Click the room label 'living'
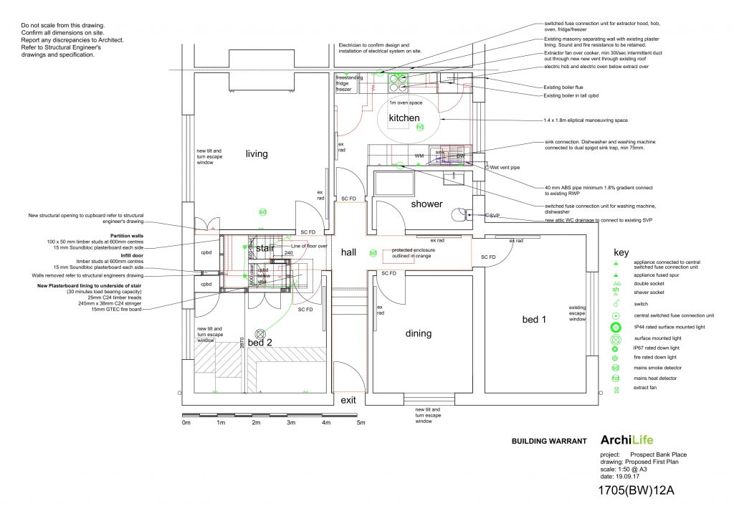(257, 153)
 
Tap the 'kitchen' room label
(404, 118)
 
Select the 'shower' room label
(426, 204)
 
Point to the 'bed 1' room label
(533, 319)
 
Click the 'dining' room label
(418, 333)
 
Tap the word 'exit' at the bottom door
(349, 400)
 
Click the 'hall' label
(349, 252)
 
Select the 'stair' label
(266, 248)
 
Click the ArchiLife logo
(626, 440)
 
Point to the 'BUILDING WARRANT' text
(548, 442)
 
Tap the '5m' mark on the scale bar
(361, 424)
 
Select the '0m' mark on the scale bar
(186, 424)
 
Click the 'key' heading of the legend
(621, 252)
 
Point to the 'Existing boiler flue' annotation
(566, 87)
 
